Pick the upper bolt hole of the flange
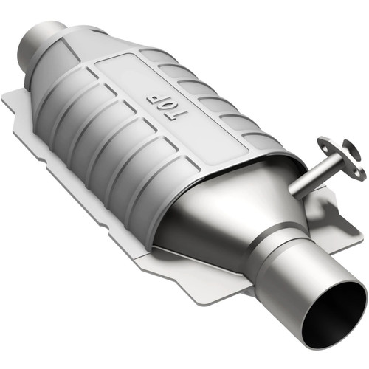tap(324, 140)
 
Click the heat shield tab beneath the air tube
tap(332, 207)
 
